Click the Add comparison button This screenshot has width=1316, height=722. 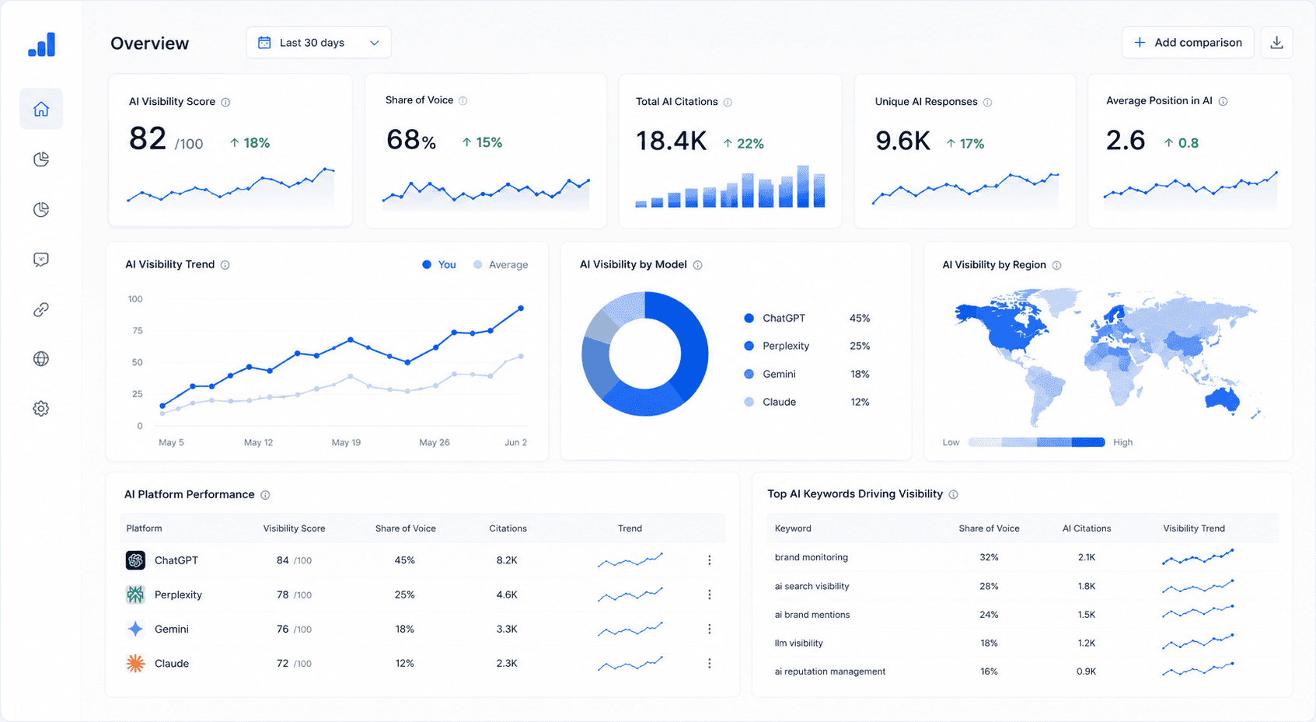[1187, 42]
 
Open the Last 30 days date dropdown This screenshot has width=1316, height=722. [319, 42]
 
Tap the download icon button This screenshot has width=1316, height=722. [1276, 42]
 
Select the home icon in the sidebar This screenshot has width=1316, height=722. [41, 109]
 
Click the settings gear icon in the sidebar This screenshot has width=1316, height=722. [41, 408]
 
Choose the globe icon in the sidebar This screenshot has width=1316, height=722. [41, 358]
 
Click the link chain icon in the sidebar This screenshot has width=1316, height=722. [41, 309]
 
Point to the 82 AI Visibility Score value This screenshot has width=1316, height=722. [148, 138]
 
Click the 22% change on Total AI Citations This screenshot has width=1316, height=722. [743, 143]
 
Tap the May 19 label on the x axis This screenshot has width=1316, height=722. [346, 442]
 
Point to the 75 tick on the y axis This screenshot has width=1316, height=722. [137, 331]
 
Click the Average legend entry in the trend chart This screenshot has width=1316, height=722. [501, 265]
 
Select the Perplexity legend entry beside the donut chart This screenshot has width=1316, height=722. [777, 346]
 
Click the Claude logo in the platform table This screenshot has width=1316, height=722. [136, 663]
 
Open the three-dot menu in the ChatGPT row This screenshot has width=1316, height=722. [709, 560]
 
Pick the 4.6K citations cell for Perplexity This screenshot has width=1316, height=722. [507, 595]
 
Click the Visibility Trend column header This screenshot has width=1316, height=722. [1194, 528]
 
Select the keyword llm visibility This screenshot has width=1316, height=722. [798, 643]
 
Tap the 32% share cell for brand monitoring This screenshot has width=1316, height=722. [989, 557]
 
